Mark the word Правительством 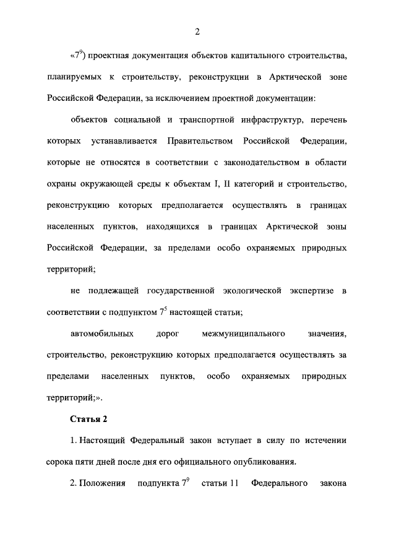(x=200, y=142)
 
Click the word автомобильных (x=103, y=334)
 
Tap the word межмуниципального (x=243, y=334)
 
